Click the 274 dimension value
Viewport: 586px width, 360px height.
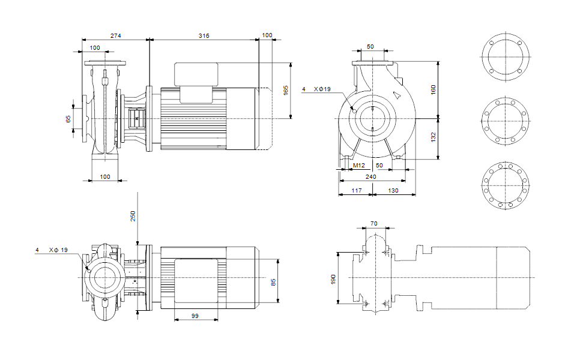[115, 36]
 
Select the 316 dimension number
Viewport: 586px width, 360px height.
[204, 36]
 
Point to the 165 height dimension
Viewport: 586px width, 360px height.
[286, 90]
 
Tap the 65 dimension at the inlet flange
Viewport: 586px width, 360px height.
[68, 119]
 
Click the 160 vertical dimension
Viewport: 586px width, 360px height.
[433, 89]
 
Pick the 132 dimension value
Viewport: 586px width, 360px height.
[433, 138]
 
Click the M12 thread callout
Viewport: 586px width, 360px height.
[358, 164]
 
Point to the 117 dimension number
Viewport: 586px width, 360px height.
[355, 190]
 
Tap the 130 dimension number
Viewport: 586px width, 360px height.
[393, 190]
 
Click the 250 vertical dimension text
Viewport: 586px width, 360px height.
[133, 216]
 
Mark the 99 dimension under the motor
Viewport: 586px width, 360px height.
[195, 315]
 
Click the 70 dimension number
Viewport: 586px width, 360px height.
[374, 223]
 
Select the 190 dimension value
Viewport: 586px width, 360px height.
[334, 280]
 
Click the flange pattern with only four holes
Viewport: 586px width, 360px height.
[505, 57]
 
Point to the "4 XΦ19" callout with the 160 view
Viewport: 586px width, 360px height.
[316, 89]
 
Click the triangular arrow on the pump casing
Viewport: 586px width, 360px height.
[396, 95]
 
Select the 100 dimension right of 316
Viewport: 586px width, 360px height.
[267, 36]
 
